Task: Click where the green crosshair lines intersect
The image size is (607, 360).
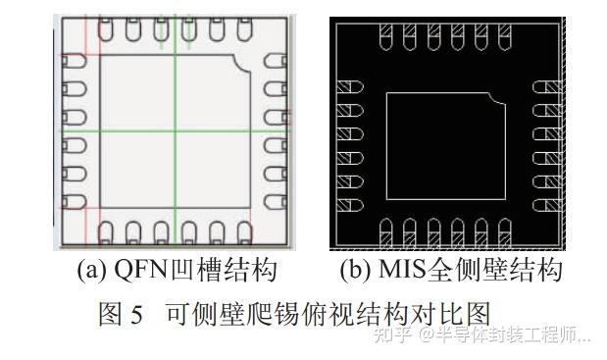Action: tap(174, 130)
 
